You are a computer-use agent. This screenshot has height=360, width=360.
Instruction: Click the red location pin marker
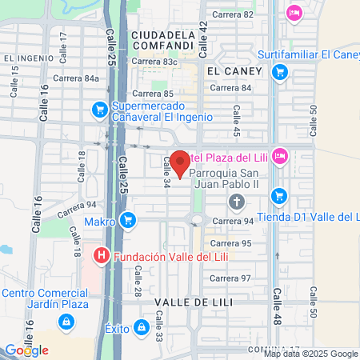click(x=180, y=163)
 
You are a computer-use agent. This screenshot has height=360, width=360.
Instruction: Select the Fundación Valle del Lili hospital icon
click(x=102, y=257)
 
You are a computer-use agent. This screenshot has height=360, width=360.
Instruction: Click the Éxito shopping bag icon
click(x=142, y=327)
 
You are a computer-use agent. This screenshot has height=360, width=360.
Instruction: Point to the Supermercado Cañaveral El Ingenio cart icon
click(x=100, y=108)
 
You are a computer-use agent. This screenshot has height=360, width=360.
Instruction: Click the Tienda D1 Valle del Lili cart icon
click(x=278, y=194)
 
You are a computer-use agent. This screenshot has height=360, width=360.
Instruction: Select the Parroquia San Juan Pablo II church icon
click(x=236, y=201)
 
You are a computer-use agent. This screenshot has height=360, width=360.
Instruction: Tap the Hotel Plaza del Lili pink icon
click(x=279, y=154)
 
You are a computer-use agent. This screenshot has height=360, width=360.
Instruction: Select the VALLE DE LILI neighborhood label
click(x=191, y=301)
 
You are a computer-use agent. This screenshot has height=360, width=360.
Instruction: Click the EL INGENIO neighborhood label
click(x=28, y=58)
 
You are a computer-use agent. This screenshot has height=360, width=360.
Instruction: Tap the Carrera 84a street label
click(x=77, y=78)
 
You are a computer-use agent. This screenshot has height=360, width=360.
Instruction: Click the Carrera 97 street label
click(x=235, y=278)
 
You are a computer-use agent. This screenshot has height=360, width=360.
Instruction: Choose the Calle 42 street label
click(x=203, y=38)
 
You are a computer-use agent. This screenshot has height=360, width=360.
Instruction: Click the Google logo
click(x=26, y=350)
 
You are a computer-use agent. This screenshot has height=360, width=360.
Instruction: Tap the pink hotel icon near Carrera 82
click(x=294, y=12)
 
